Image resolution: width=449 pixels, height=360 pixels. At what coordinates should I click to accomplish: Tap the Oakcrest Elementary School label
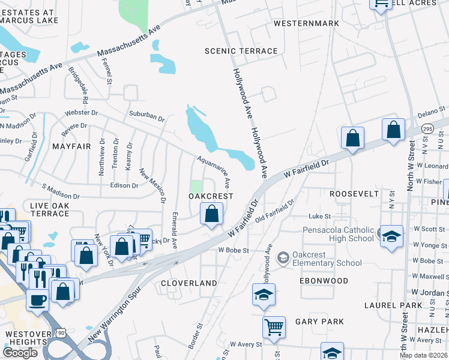(327, 258)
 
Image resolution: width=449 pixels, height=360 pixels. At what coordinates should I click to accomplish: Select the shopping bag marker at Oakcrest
(211, 214)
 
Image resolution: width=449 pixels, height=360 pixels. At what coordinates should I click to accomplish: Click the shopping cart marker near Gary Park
(274, 328)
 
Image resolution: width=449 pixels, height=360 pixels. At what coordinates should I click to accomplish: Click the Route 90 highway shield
(61, 332)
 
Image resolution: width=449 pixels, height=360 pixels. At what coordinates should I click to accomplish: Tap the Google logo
(20, 353)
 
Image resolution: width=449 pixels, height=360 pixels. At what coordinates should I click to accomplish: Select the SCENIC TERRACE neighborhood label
(241, 51)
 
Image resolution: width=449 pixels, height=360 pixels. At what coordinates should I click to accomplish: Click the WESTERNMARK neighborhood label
(306, 23)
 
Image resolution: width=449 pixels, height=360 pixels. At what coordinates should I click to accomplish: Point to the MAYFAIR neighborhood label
(71, 146)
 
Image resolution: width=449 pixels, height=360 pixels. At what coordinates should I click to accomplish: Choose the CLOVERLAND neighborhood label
(189, 283)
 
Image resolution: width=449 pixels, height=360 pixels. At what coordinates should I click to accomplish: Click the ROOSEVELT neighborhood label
(354, 194)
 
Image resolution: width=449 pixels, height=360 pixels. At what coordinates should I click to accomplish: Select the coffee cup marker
(38, 299)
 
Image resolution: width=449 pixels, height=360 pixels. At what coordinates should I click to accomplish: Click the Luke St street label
(320, 216)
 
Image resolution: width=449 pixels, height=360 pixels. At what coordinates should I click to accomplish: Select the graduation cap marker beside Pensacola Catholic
(391, 236)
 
